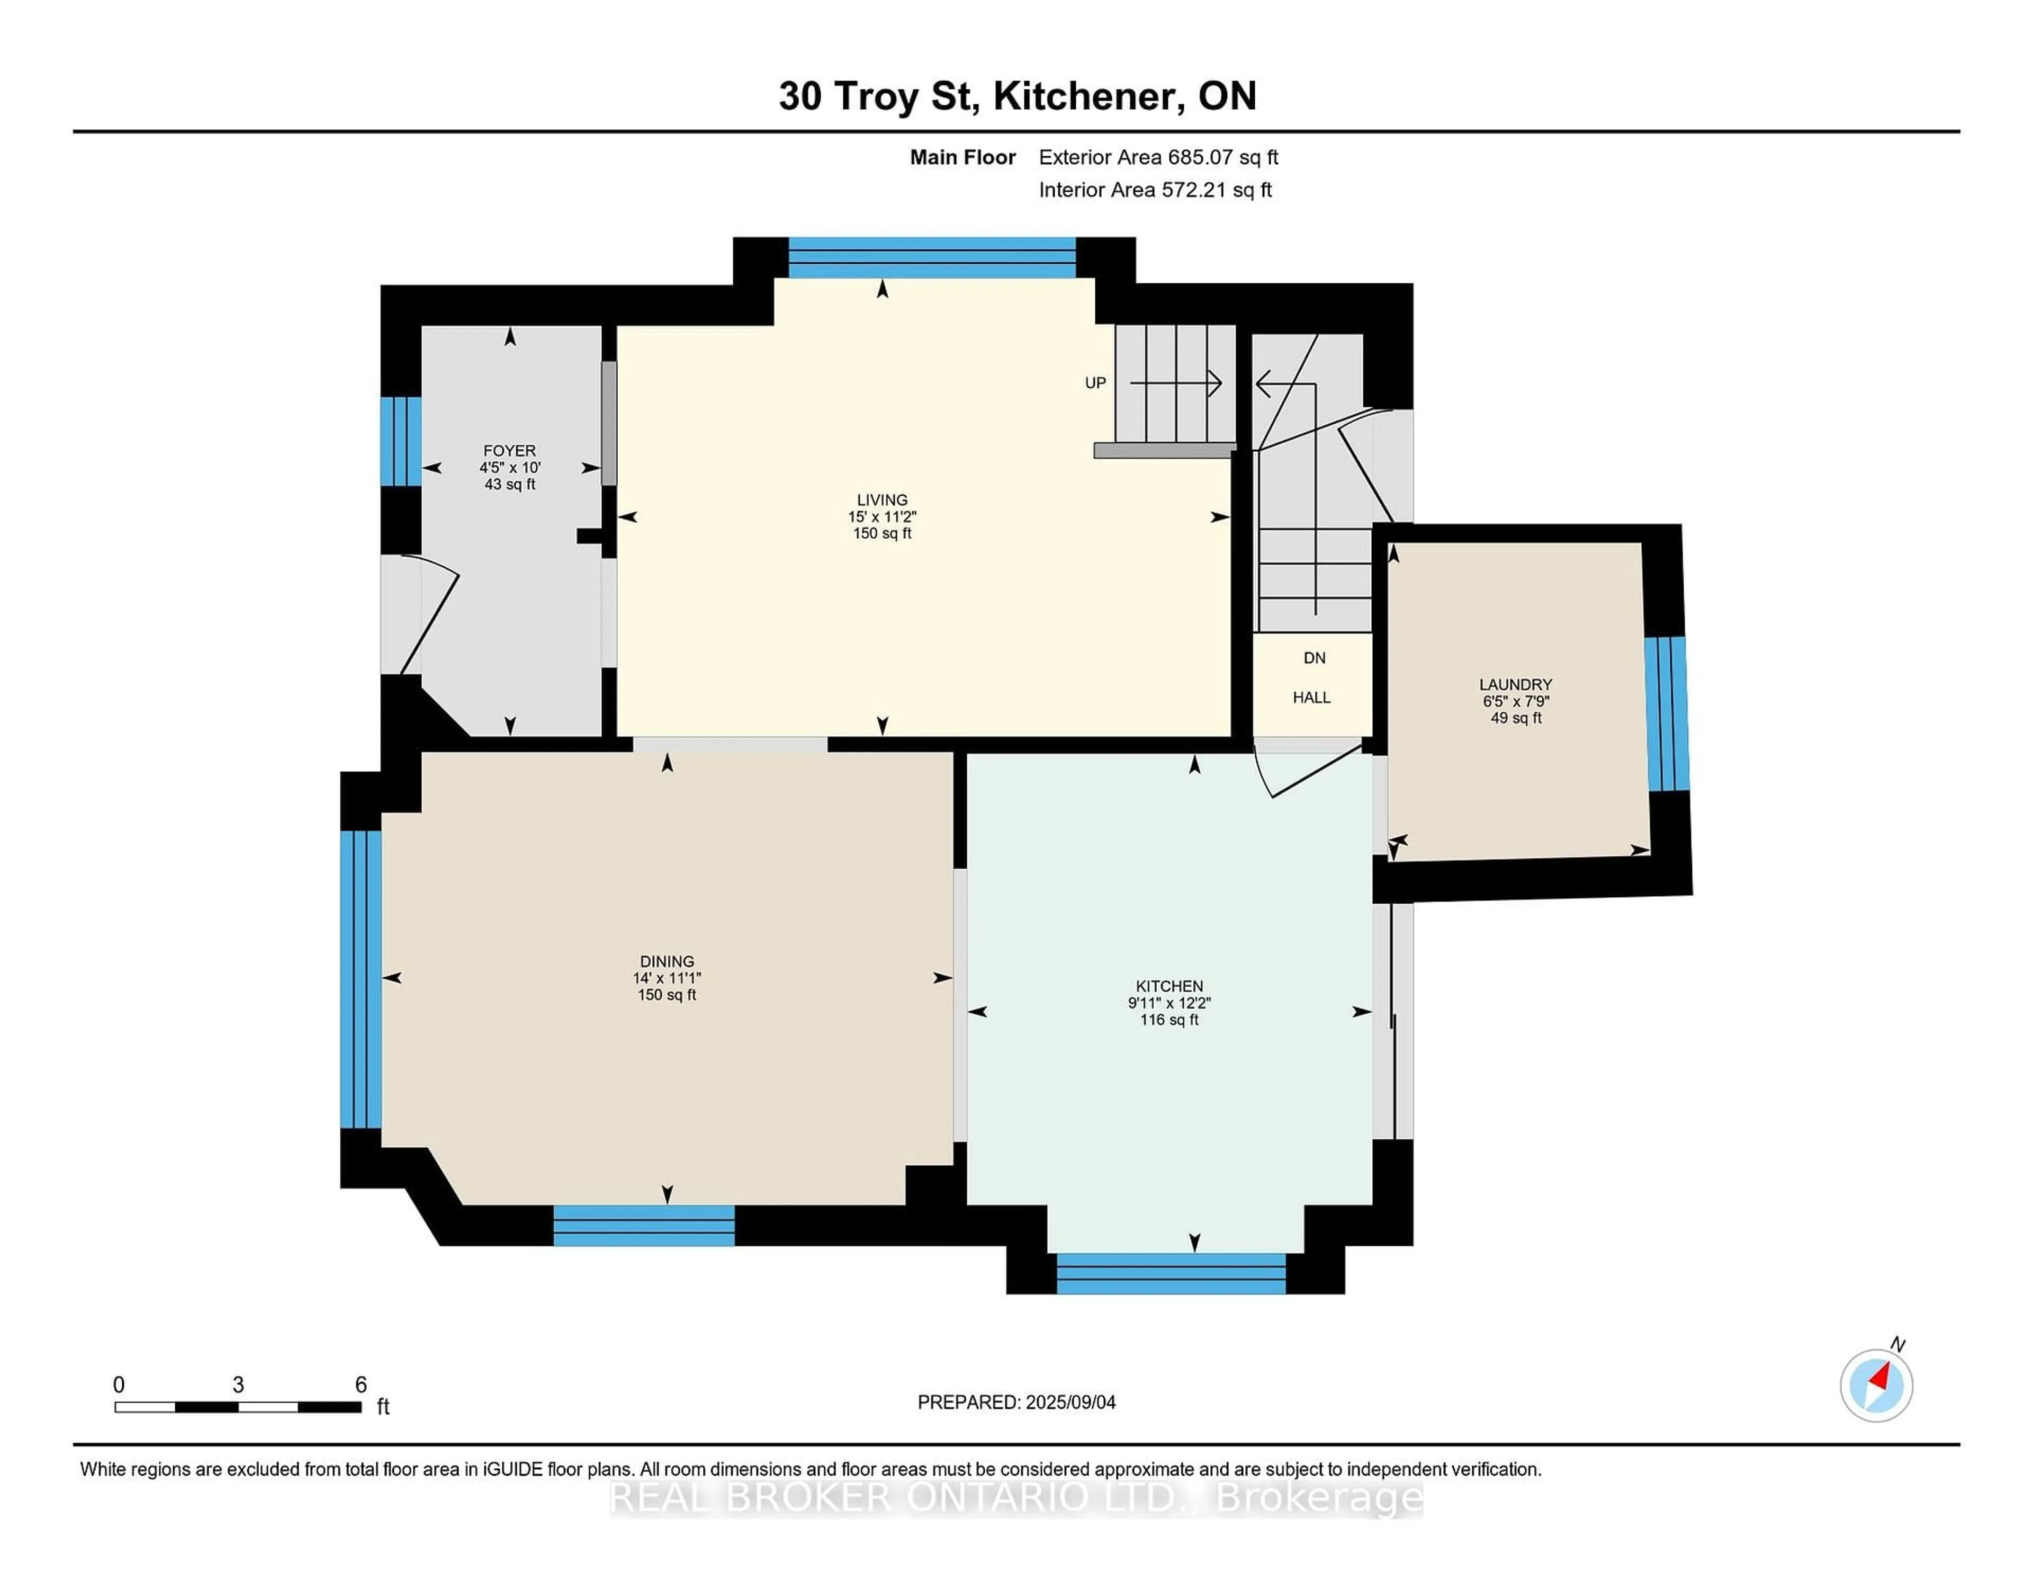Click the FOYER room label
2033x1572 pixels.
(509, 451)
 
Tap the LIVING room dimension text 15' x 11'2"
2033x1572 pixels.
(881, 517)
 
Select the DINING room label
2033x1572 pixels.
(667, 961)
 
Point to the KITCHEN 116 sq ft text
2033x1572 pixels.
(1169, 1020)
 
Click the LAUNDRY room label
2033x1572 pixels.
(1515, 684)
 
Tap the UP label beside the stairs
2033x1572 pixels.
(1095, 383)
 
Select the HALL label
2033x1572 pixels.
(1311, 698)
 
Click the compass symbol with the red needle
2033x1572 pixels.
(1876, 1386)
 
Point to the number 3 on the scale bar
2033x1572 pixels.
(238, 1385)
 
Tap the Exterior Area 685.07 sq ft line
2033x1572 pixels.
(1158, 157)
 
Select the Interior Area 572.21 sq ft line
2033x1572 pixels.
(1154, 190)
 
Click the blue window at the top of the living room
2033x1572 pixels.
(932, 258)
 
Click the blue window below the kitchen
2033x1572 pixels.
(1171, 1273)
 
